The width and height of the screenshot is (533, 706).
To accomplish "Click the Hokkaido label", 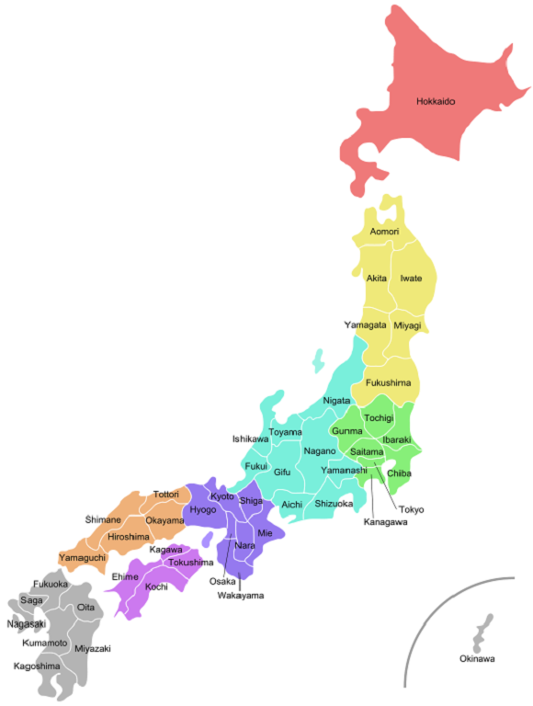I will [436, 101].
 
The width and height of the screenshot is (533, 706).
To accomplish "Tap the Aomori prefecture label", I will [384, 232].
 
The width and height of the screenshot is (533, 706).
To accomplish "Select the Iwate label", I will [411, 278].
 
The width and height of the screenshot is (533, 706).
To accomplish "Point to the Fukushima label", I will [388, 382].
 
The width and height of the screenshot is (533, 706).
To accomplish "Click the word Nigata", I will [336, 401].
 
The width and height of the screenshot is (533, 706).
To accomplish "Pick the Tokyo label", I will [411, 509].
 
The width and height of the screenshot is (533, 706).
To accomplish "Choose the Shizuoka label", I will [334, 504].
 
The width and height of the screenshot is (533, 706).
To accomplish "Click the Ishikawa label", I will [251, 439].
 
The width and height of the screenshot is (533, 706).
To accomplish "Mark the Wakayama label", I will [240, 596].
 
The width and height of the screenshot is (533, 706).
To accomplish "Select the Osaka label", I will [222, 581].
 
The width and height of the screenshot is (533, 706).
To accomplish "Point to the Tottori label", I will [166, 495].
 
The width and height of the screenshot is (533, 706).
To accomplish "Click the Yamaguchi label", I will [83, 558].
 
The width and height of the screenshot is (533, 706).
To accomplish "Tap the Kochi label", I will [156, 586].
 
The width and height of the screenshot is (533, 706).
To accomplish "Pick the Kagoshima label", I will [37, 666].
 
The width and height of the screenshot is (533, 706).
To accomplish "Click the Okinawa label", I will [477, 659].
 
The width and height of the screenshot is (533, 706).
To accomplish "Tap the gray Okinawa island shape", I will [481, 635].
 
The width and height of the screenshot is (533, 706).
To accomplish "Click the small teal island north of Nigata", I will [318, 359].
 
